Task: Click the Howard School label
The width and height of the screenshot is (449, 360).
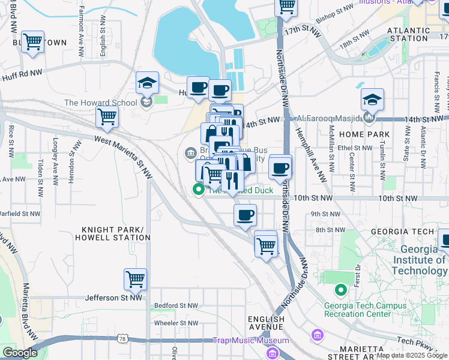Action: [x=100, y=103]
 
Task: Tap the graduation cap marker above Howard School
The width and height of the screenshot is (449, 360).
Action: [x=147, y=84]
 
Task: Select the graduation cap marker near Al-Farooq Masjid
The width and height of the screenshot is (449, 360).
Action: [x=372, y=100]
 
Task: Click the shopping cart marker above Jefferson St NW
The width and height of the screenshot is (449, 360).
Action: [x=135, y=280]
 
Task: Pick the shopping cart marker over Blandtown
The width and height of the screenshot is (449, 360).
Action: [x=32, y=43]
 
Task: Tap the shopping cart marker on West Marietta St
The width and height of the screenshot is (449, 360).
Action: [x=107, y=118]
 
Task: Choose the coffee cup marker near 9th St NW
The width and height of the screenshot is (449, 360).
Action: [x=244, y=216]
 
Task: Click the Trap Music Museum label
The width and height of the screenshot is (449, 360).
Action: [x=251, y=341]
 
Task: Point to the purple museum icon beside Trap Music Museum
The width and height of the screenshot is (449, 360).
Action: [x=317, y=334]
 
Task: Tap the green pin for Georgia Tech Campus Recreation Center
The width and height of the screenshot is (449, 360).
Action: [x=340, y=290]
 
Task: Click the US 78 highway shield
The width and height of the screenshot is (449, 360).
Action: [x=122, y=340]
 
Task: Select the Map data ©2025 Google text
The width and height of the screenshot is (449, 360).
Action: [x=411, y=355]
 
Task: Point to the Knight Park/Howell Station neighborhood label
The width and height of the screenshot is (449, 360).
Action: [x=112, y=233]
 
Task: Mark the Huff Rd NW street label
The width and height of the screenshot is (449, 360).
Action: [x=22, y=71]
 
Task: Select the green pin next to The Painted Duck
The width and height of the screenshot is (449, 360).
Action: [x=197, y=190]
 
